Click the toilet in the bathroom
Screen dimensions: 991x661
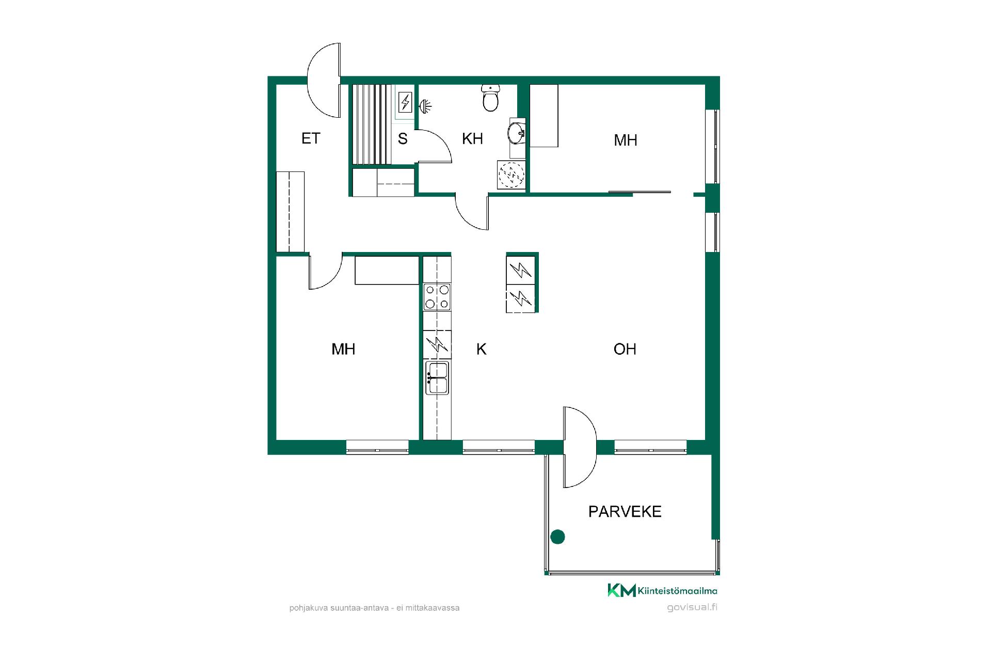pos(490,98)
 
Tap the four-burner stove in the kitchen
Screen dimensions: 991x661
pos(437,297)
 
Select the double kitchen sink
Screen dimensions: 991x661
pos(437,378)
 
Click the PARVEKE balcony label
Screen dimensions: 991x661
pos(625,511)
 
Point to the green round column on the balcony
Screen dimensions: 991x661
pos(557,537)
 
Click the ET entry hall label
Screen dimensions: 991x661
pos(311,138)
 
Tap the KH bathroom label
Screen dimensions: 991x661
pos(472,138)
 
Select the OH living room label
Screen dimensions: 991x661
pos(625,349)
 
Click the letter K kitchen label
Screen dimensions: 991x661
pos(481,349)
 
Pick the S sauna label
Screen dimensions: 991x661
pos(403,138)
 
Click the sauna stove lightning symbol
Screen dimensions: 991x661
pos(406,102)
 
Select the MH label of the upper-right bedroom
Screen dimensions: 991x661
pos(626,140)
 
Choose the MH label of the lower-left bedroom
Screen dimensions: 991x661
pos(343,349)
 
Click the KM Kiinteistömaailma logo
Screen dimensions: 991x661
pos(662,590)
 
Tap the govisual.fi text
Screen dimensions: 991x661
pos(692,607)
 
